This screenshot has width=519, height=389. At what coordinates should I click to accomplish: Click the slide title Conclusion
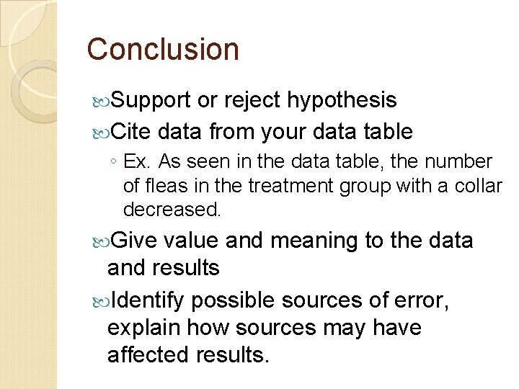coord(163,50)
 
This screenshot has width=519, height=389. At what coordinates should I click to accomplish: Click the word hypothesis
coord(342,100)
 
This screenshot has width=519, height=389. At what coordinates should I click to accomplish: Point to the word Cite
coord(129,132)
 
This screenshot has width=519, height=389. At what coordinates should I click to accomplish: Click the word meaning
coord(313,240)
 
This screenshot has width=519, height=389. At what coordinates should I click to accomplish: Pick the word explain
coord(143,328)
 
